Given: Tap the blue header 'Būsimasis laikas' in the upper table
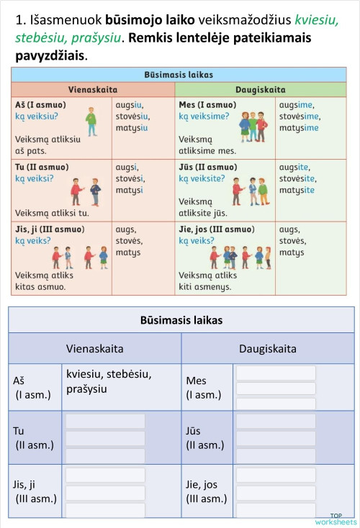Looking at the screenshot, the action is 179,75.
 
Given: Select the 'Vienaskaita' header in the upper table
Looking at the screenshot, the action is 93,89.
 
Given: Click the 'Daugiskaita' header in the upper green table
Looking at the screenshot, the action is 260,89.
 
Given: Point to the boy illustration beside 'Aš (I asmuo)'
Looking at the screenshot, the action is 91,121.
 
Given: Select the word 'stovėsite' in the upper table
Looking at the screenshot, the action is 297,178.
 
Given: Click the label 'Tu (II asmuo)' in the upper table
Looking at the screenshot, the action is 42,167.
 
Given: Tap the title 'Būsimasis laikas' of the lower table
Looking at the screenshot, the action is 181,320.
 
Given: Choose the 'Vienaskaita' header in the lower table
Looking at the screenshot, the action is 94,348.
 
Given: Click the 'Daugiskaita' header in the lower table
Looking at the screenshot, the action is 268,348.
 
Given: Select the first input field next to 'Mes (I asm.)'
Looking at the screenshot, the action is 276,373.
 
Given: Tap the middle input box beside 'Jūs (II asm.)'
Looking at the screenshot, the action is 276,438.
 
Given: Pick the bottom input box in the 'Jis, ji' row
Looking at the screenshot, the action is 105,509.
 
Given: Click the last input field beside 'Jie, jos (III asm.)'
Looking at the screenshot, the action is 276,509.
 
